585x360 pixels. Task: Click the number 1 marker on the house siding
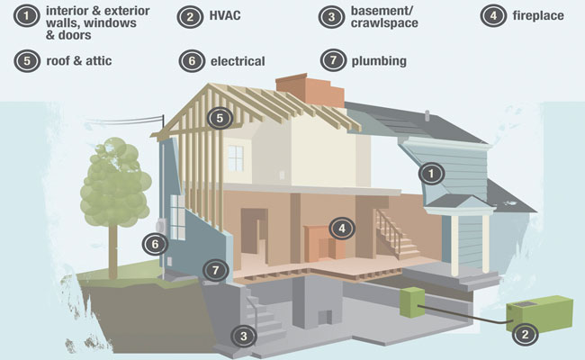point(431,174)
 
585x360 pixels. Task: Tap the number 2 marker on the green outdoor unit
point(525,334)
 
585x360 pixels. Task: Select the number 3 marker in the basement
point(244,336)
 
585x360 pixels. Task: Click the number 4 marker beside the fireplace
point(342,228)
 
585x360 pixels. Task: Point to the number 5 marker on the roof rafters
point(220,118)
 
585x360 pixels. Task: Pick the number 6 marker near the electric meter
point(155,245)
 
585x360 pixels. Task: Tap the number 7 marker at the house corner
point(216,270)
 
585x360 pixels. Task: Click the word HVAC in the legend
point(225,15)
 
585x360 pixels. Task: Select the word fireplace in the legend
point(538,15)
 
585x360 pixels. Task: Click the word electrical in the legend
point(238,61)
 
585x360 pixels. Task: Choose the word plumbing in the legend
point(379,61)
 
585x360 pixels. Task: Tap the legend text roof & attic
point(78,61)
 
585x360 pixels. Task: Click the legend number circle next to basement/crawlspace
point(332,17)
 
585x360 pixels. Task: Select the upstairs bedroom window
point(236,158)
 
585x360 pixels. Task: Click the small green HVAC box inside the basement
point(412,302)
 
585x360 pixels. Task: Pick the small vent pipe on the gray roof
point(427,115)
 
